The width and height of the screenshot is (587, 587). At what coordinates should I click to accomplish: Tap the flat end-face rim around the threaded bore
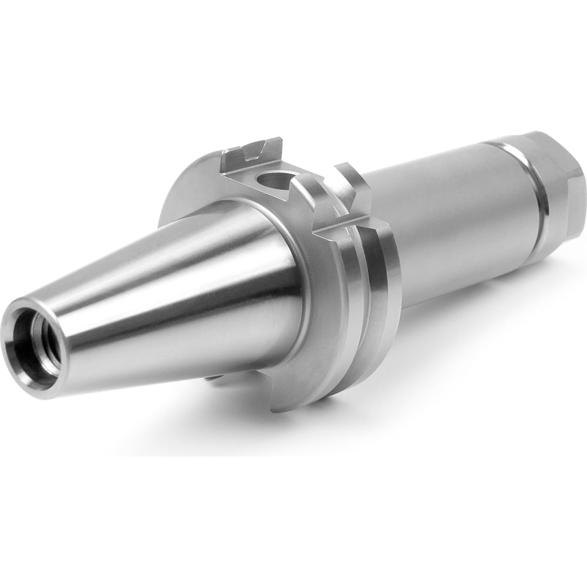[x=18, y=358]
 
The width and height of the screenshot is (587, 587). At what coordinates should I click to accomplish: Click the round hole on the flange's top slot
[x=276, y=181]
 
